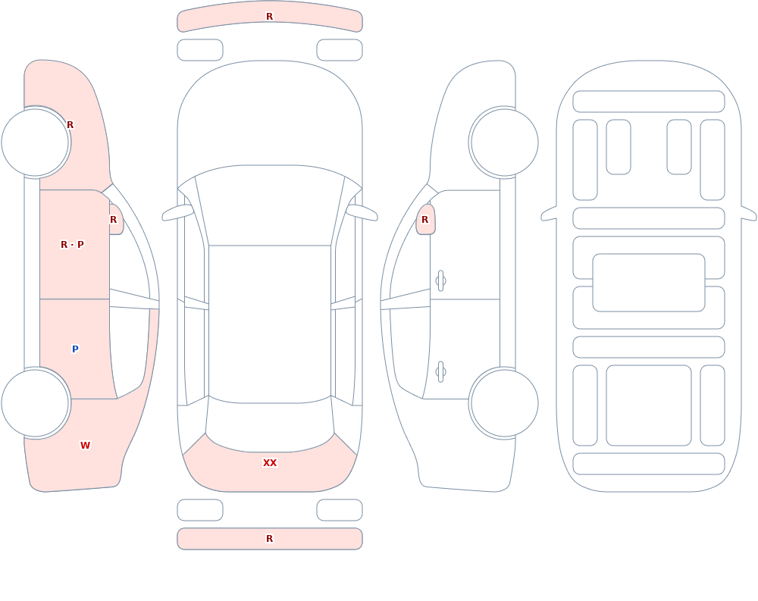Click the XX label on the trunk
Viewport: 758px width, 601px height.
(x=270, y=463)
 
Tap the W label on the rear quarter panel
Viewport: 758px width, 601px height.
(x=85, y=446)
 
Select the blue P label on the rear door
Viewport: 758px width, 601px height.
(x=75, y=349)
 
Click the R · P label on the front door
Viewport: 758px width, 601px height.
(x=72, y=245)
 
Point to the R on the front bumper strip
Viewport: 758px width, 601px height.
(x=270, y=17)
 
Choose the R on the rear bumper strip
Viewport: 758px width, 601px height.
(x=270, y=539)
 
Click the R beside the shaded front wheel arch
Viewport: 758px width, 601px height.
(x=70, y=125)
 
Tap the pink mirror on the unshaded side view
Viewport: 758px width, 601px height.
(x=426, y=220)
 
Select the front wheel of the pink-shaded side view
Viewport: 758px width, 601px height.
(x=36, y=142)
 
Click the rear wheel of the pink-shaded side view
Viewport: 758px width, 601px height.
(x=36, y=403)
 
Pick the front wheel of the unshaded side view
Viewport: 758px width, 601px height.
(x=504, y=142)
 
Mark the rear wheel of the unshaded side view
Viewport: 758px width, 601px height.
(x=504, y=403)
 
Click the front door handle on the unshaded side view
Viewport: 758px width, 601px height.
(x=440, y=281)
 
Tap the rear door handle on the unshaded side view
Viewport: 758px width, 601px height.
(x=440, y=372)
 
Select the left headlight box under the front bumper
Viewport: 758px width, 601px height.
(x=200, y=50)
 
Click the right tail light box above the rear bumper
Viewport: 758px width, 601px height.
(x=340, y=510)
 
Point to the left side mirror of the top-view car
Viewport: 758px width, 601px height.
(x=177, y=213)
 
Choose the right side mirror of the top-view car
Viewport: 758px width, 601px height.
(x=362, y=213)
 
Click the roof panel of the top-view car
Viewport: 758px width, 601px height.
(x=270, y=324)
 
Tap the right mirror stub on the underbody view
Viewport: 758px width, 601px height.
(x=749, y=214)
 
